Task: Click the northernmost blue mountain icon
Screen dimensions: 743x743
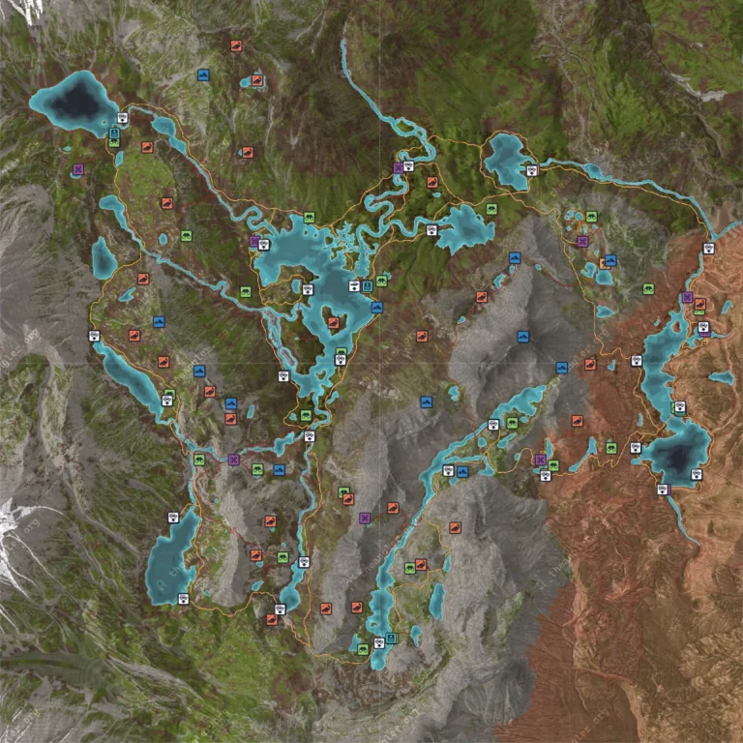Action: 203,74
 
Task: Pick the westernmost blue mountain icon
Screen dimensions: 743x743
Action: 159,321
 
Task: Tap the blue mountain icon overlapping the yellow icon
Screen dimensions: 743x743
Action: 610,260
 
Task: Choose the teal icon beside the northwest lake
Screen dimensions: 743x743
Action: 114,134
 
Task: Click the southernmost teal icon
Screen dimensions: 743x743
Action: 391,639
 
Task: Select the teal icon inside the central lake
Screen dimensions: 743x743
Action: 368,286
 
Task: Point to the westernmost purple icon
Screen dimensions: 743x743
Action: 77,169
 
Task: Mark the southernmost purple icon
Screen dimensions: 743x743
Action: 365,519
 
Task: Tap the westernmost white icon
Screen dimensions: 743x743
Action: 94,336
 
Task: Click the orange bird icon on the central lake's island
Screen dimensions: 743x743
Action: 332,323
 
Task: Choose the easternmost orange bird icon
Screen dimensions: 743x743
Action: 699,304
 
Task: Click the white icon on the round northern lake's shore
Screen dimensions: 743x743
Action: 530,170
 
